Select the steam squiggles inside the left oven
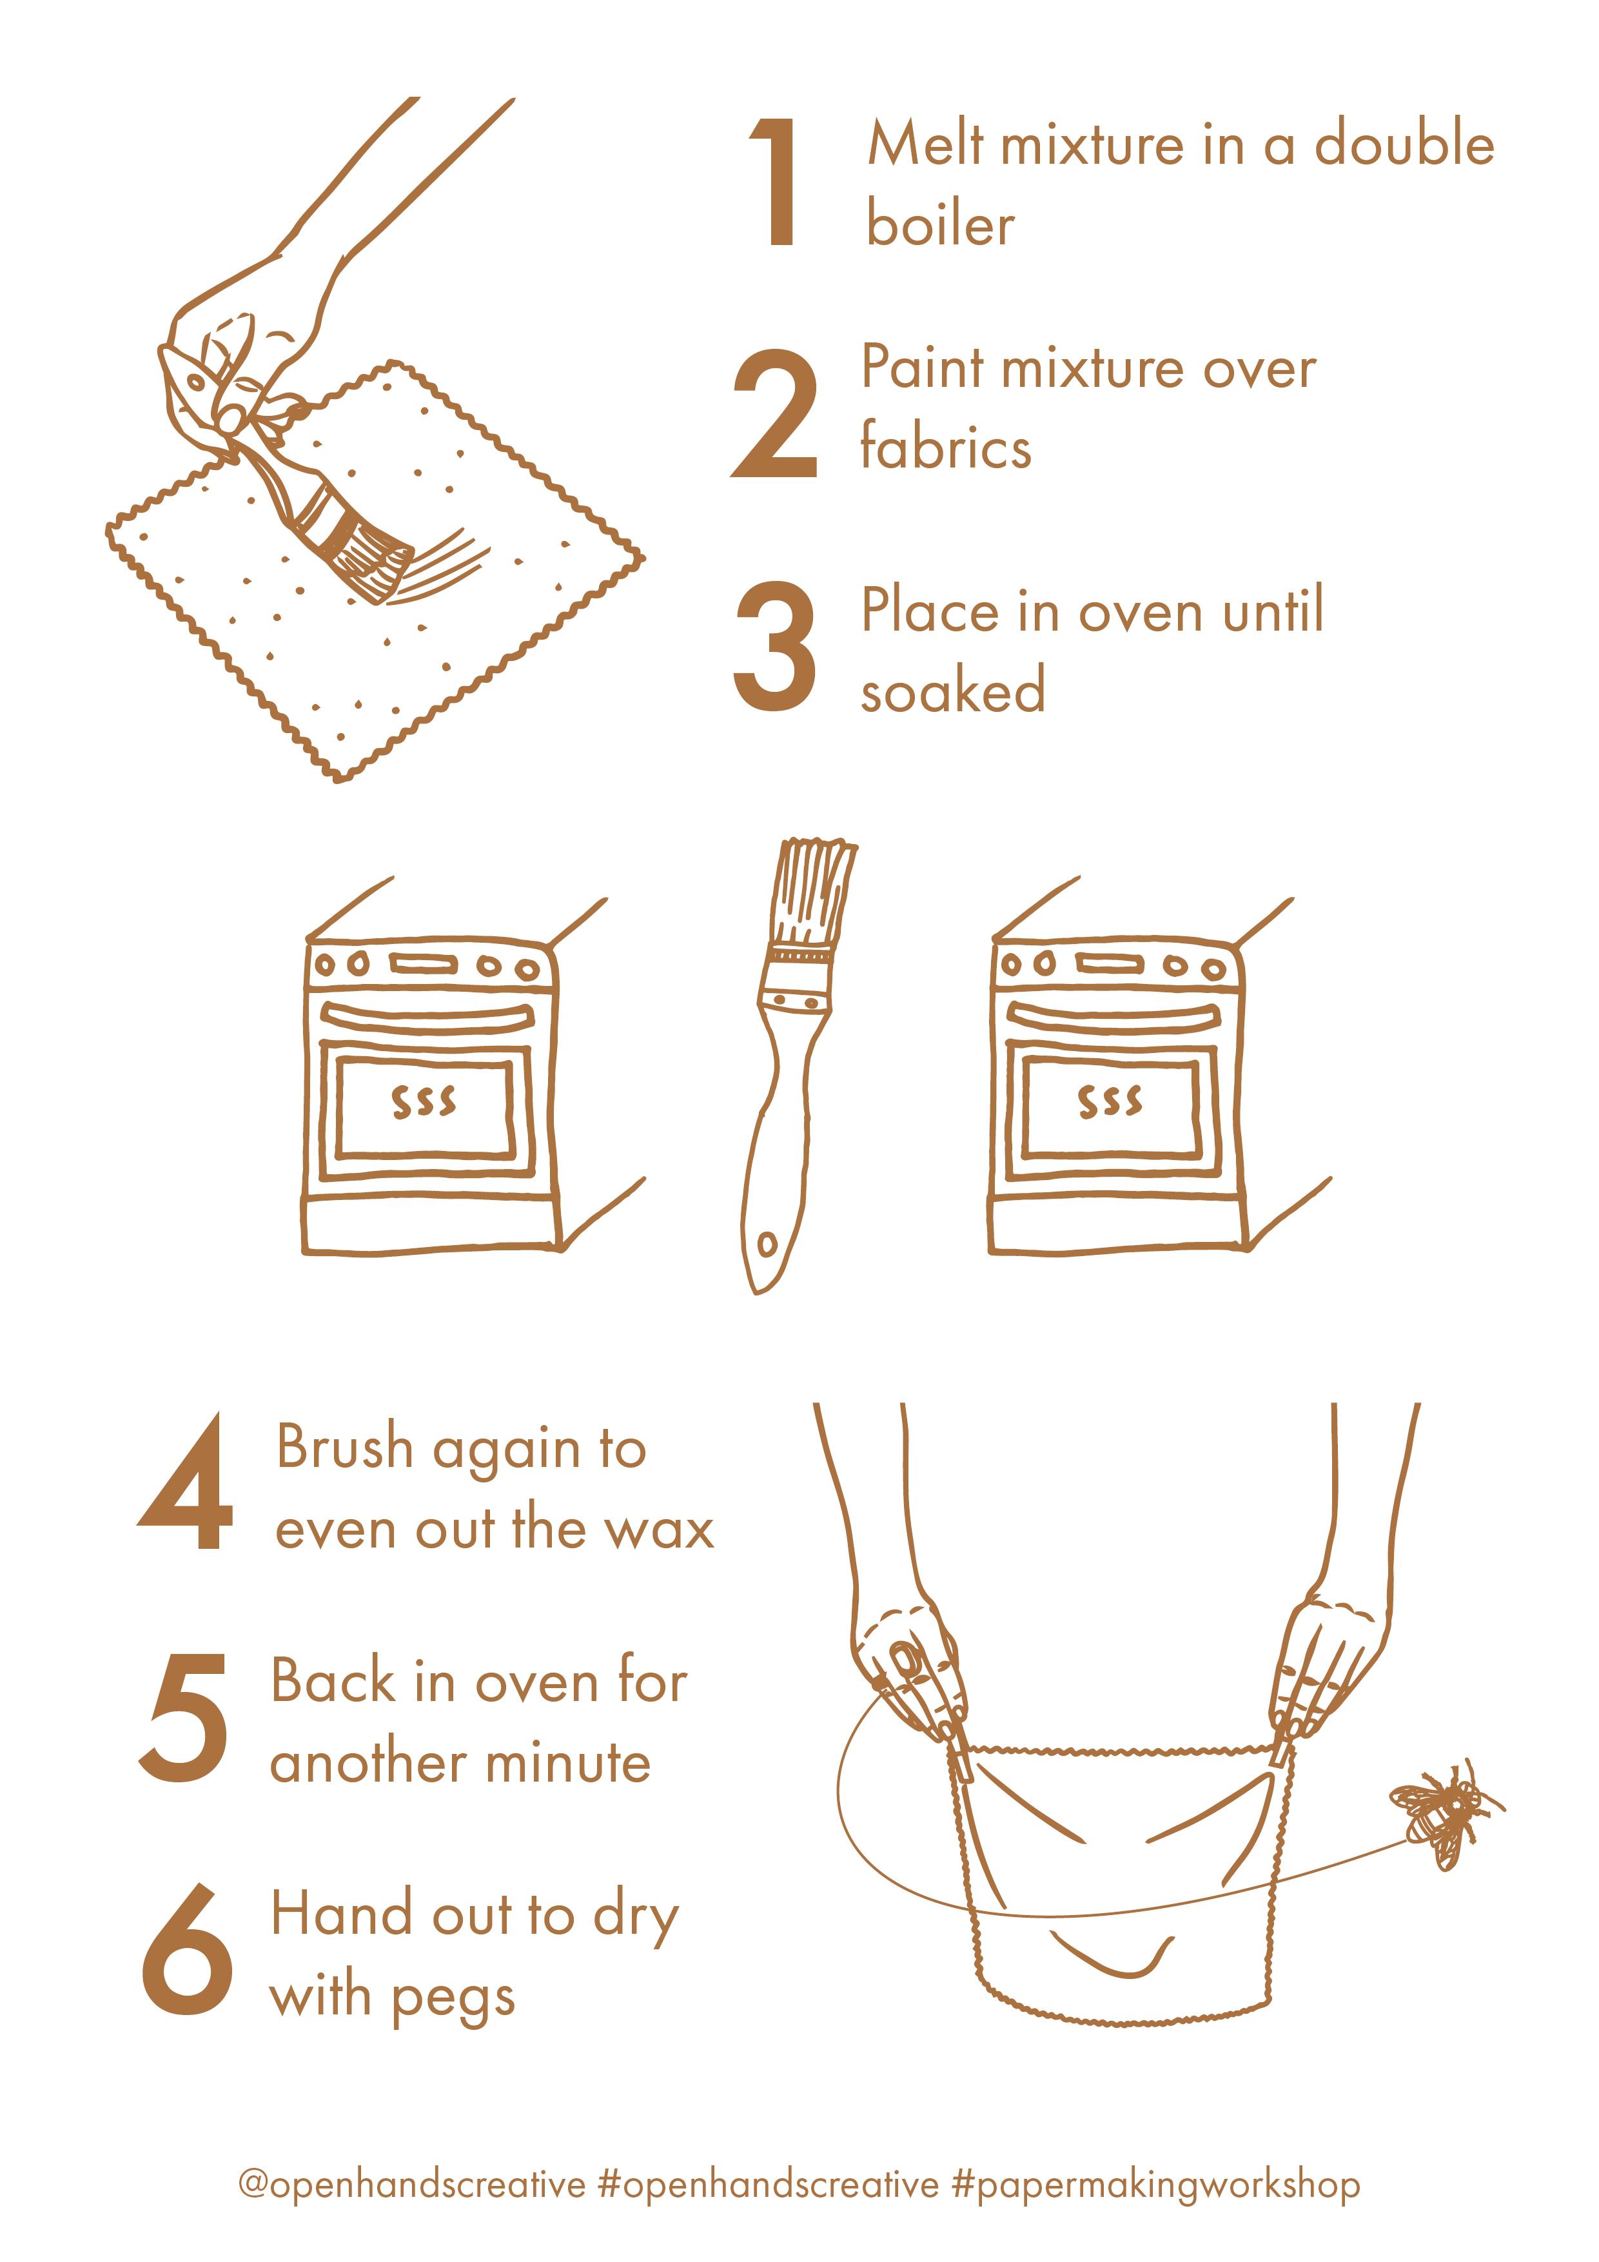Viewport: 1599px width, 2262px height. point(424,1103)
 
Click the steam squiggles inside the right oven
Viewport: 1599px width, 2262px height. point(1110,1103)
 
